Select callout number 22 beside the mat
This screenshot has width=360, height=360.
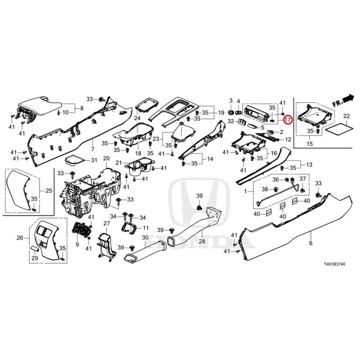click(346, 116)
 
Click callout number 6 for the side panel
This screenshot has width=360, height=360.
click(310, 243)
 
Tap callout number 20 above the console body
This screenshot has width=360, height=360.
click(106, 158)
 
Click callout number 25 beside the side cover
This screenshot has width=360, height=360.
click(48, 191)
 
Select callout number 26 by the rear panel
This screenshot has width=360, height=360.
click(20, 238)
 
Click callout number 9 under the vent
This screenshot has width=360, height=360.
click(77, 244)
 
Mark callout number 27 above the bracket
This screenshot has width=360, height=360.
click(107, 224)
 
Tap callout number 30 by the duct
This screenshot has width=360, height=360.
click(145, 237)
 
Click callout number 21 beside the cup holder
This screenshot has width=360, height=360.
click(119, 162)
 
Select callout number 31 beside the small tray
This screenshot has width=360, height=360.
click(94, 160)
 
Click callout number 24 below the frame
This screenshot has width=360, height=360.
click(137, 118)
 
